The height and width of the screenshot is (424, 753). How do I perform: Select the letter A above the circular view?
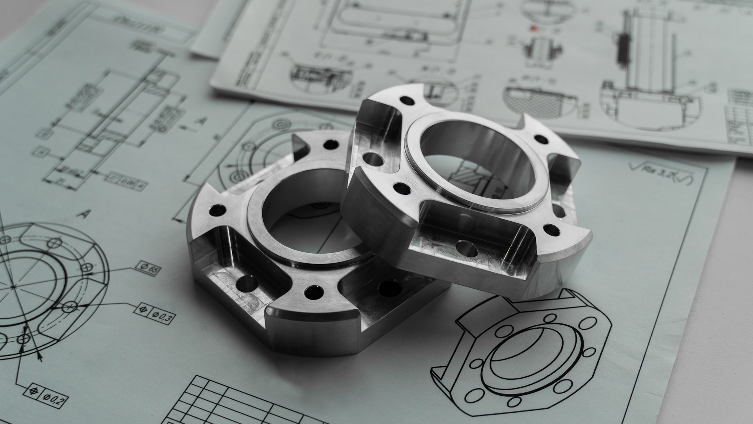pos(83,214)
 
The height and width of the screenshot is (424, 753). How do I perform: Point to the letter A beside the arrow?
pos(202,121)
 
